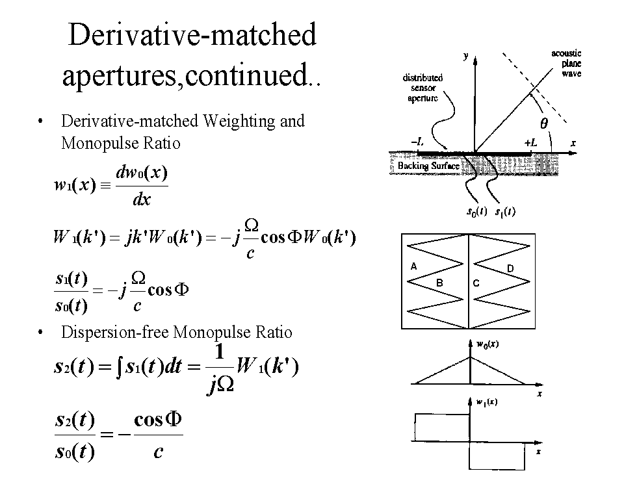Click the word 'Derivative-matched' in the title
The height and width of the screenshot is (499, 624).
[192, 35]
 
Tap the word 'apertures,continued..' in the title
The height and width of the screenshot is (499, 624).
[192, 76]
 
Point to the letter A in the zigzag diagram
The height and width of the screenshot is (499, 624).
[413, 266]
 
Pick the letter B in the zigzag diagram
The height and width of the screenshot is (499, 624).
[439, 283]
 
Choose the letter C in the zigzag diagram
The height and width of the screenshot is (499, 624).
[476, 283]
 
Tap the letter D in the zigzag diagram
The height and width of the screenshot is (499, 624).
[510, 268]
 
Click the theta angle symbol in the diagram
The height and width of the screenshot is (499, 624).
[544, 122]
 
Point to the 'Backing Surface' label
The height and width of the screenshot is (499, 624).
[428, 166]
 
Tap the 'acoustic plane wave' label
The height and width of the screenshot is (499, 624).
[566, 64]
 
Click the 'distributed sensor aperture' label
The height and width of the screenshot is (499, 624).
[422, 88]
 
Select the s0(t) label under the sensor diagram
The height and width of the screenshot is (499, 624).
[477, 212]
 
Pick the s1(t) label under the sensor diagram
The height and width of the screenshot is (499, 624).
[505, 212]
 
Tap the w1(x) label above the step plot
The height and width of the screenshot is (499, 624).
[487, 403]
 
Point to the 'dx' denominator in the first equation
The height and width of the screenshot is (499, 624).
[141, 199]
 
